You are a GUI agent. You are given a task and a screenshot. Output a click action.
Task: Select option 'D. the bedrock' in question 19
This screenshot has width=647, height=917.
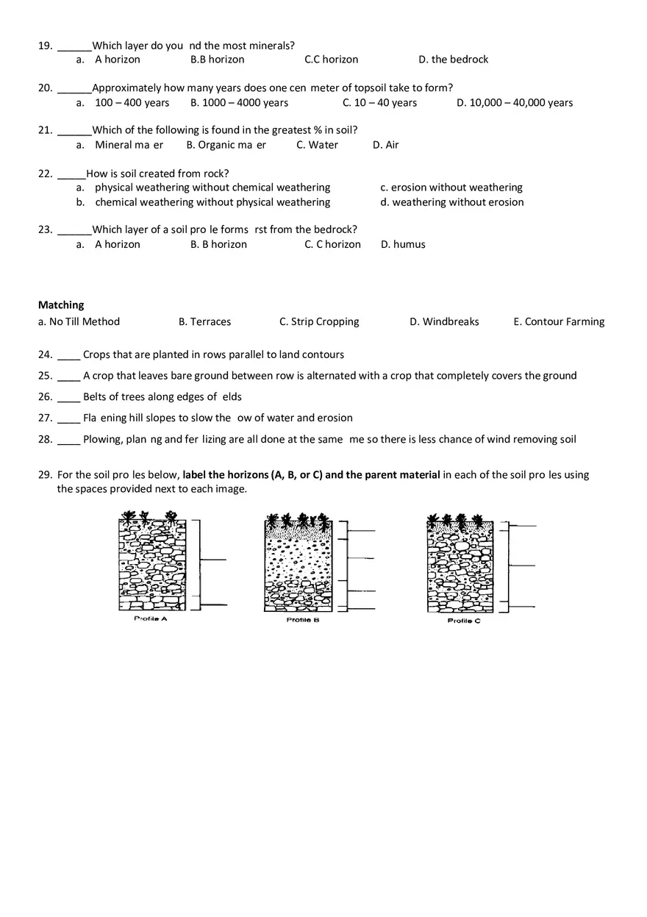click(x=453, y=60)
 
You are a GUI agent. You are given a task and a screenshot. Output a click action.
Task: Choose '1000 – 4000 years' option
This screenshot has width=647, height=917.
click(x=239, y=103)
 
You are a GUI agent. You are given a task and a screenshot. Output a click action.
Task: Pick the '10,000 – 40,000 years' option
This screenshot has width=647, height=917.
click(x=514, y=103)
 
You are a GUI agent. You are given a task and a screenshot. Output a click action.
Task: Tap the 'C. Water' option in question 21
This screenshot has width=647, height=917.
click(x=317, y=146)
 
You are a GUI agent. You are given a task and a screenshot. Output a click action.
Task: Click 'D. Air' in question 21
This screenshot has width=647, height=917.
click(x=385, y=146)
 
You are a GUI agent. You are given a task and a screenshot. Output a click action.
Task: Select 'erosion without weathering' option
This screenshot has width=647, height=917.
click(x=451, y=188)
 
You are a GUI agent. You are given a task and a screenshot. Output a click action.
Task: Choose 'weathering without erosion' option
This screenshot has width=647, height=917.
click(x=452, y=202)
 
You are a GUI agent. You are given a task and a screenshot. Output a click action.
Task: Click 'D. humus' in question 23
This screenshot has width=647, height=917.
click(x=403, y=245)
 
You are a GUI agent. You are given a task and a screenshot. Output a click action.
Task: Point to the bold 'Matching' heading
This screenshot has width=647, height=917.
click(x=61, y=305)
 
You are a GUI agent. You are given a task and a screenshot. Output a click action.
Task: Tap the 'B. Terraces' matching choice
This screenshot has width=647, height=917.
click(x=204, y=322)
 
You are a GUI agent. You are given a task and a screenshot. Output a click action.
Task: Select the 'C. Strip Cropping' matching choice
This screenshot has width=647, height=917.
click(x=319, y=322)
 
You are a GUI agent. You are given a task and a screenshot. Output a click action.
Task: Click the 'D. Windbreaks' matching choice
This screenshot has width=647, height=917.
click(x=444, y=322)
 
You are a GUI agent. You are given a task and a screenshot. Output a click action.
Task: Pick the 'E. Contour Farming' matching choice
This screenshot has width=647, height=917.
click(x=559, y=322)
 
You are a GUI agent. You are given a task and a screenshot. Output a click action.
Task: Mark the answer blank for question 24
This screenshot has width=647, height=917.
click(x=68, y=356)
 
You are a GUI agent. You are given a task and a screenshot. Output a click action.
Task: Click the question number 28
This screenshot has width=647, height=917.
click(x=45, y=440)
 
